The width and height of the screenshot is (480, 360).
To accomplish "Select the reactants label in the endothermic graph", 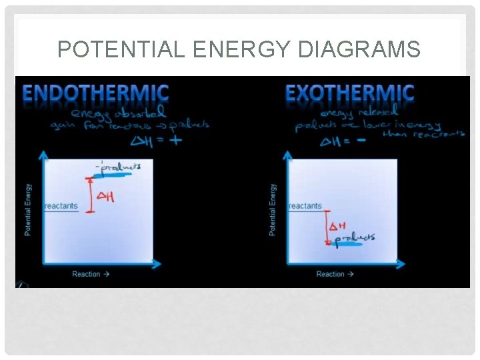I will (x=61, y=206).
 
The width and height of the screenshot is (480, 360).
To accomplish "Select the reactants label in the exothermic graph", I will (x=305, y=206).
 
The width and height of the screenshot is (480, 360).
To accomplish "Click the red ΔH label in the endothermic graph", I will (x=106, y=197).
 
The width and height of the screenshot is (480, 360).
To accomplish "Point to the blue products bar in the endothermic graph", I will (x=117, y=176).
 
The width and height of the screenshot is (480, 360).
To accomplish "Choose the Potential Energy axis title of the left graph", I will (x=28, y=209).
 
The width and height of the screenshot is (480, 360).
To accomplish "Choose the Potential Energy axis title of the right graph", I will (x=273, y=209).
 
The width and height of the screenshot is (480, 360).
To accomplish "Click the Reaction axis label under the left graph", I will (x=91, y=274).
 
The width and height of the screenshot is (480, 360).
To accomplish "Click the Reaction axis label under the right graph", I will (x=335, y=274).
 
